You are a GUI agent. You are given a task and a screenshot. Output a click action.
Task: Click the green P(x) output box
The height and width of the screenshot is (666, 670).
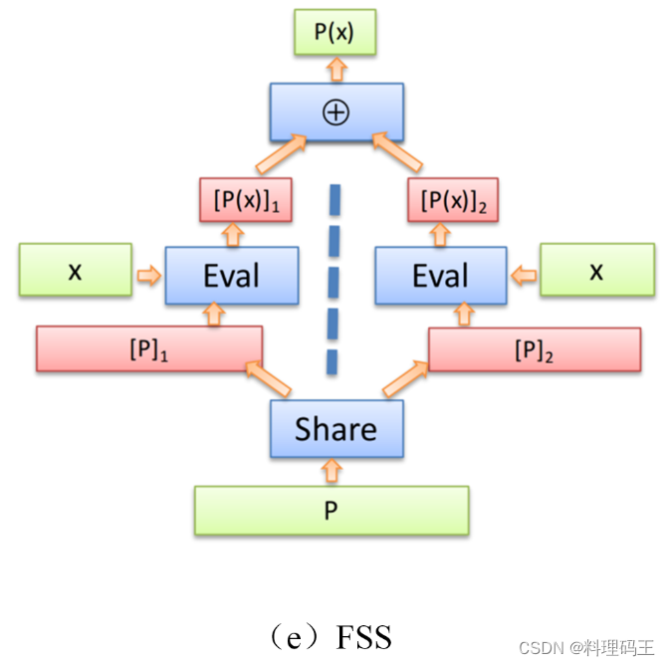(336, 32)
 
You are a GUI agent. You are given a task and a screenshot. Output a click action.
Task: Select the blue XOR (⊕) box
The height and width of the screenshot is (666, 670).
(336, 111)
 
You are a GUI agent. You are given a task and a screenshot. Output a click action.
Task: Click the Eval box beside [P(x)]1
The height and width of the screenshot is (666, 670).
(232, 275)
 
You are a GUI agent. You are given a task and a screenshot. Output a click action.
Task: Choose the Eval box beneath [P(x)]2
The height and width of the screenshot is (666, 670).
(441, 275)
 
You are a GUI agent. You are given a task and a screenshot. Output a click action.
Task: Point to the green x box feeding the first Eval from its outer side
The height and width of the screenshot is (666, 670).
(76, 270)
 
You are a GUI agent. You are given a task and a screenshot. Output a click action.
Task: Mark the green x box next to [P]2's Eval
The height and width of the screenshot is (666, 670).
(596, 270)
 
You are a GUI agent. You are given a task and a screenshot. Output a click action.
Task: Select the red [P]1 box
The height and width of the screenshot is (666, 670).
(149, 348)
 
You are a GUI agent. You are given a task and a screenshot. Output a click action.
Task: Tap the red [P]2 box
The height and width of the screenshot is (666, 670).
(534, 348)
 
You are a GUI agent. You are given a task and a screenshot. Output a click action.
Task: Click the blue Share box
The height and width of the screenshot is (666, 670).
(336, 429)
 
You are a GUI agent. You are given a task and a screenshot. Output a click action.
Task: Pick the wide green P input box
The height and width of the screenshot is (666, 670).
(331, 511)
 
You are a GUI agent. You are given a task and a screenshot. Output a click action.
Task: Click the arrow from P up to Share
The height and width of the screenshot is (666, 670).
(332, 470)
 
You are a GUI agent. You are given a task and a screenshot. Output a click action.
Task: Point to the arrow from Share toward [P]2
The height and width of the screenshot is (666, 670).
(405, 379)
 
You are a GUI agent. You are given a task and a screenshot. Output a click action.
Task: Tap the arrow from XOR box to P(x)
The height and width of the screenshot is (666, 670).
(336, 68)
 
